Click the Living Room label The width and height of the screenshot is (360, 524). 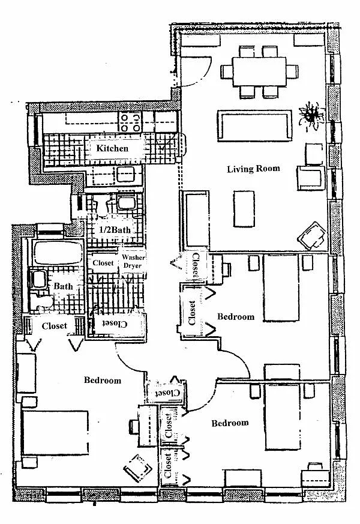[253, 169]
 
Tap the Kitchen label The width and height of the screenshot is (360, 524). [112, 148]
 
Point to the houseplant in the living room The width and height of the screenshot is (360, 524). [312, 114]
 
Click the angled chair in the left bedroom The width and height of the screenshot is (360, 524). [138, 465]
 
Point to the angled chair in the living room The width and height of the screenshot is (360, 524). [314, 235]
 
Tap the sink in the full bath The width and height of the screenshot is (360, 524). [38, 280]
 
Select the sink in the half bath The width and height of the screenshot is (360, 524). [126, 202]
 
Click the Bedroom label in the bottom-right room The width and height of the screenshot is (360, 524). [230, 423]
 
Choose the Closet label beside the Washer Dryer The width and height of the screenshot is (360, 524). [103, 263]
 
